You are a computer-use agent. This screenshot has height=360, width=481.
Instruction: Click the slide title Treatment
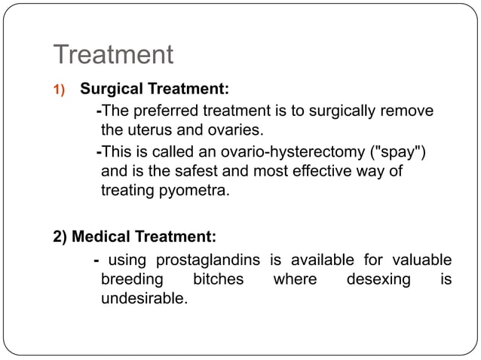click(113, 55)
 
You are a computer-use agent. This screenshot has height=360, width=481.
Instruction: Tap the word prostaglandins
click(210, 261)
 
